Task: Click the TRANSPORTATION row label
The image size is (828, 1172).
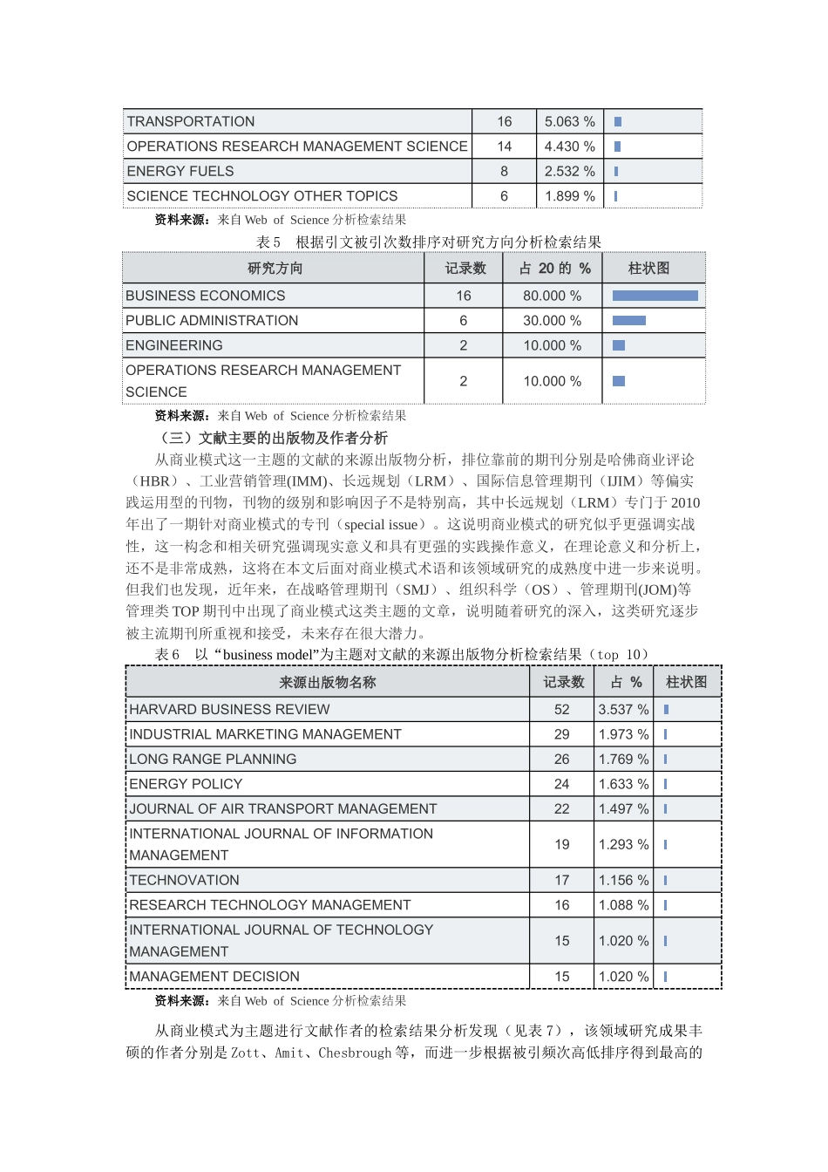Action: click(191, 121)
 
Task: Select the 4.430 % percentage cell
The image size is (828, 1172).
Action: click(569, 146)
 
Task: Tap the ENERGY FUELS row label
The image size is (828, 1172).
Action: click(180, 171)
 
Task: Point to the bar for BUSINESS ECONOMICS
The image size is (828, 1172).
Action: click(655, 296)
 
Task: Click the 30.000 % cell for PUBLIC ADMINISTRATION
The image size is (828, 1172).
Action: click(552, 321)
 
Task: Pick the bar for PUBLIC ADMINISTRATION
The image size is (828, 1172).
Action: click(628, 321)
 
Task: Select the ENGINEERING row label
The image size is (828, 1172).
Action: click(174, 345)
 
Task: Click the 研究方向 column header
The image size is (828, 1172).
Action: click(275, 269)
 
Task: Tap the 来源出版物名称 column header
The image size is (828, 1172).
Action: click(327, 682)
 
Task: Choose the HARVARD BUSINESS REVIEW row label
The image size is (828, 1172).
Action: click(229, 710)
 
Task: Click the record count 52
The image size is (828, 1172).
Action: click(562, 710)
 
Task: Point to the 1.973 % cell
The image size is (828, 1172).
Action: click(623, 734)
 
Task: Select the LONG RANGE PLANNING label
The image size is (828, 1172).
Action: click(213, 760)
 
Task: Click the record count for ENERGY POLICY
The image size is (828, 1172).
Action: click(562, 784)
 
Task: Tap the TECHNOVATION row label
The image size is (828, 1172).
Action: click(184, 881)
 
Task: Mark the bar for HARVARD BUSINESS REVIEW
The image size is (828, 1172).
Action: click(666, 710)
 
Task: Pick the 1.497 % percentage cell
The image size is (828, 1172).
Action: click(623, 809)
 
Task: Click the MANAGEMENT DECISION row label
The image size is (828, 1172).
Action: click(214, 977)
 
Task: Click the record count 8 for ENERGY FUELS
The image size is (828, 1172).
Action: click(504, 171)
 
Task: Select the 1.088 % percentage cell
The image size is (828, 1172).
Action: click(623, 905)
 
